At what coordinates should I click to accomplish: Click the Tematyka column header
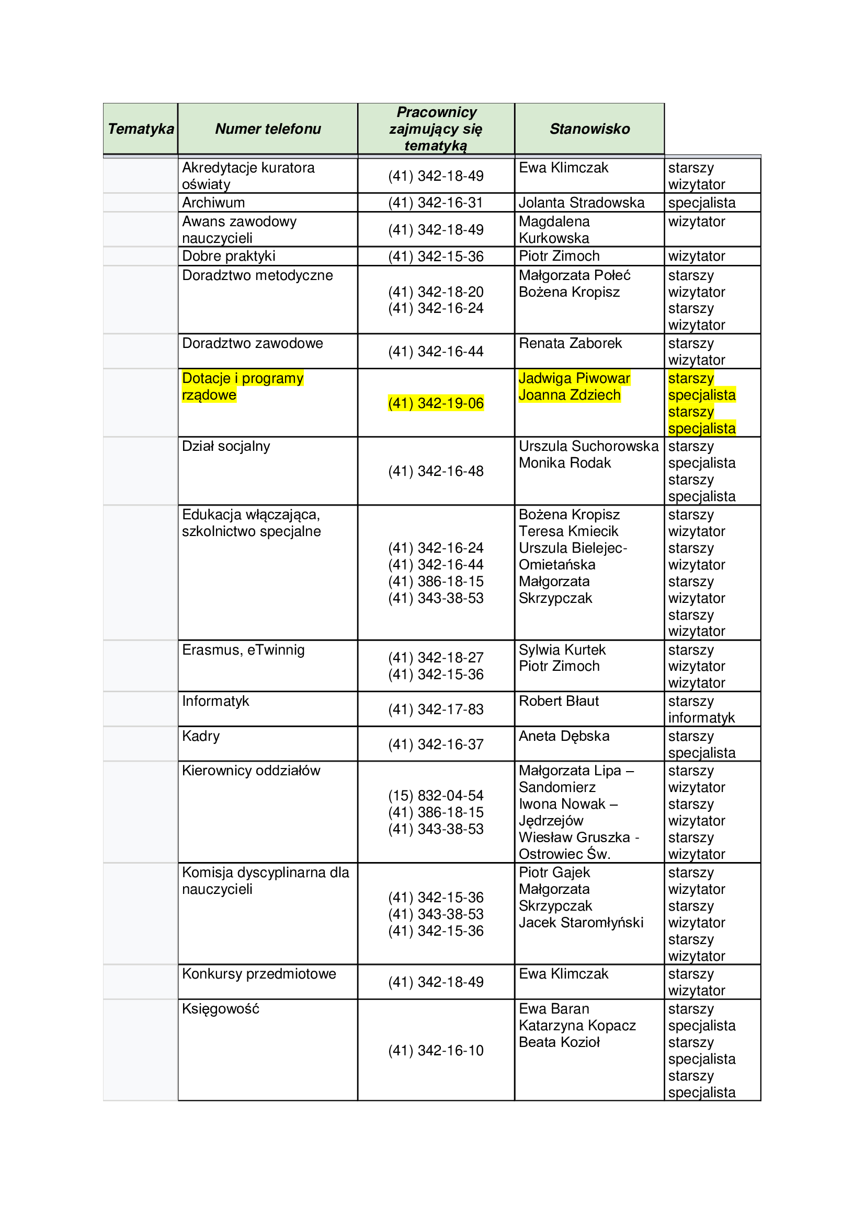[141, 129]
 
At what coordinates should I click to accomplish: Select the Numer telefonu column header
[268, 129]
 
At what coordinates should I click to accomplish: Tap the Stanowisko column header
[589, 129]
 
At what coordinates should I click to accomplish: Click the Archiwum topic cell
[213, 203]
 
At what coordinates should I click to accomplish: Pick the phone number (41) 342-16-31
[436, 203]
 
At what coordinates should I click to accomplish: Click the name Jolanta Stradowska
[581, 203]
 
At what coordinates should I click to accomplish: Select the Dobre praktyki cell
[229, 256]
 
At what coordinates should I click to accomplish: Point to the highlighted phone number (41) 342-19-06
[436, 403]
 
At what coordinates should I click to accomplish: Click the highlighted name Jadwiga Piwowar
[574, 378]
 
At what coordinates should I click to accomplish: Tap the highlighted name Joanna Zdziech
[570, 395]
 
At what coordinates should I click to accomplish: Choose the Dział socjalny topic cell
[226, 447]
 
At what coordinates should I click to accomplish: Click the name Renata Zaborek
[570, 343]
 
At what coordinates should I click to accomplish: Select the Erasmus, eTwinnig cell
[243, 650]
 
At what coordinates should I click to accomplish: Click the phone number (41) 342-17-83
[436, 709]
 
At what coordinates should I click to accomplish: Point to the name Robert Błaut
[559, 701]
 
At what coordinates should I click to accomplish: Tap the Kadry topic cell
[201, 736]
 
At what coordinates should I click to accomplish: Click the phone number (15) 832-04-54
[436, 796]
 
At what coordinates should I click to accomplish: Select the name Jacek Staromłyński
[581, 922]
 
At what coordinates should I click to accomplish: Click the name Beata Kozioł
[559, 1042]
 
